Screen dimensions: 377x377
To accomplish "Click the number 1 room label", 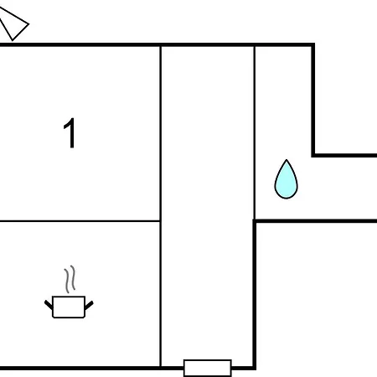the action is [70, 133].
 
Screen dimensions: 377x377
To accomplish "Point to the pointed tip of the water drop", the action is [287, 160].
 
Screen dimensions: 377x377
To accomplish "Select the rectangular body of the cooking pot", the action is [69, 307].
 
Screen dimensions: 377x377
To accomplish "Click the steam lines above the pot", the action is [70, 279].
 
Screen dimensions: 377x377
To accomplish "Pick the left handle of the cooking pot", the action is [49, 305].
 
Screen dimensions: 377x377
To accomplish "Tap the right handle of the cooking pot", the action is [89, 305].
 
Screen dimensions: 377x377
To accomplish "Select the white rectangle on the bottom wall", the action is [208, 368].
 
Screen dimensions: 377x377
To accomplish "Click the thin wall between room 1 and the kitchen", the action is [80, 221].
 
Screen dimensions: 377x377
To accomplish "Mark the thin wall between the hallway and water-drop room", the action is [255, 132].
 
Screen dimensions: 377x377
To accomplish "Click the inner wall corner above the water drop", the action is [313, 155].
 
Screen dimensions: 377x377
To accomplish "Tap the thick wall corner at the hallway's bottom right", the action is [255, 368].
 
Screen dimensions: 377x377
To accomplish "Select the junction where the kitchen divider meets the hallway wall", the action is [161, 221].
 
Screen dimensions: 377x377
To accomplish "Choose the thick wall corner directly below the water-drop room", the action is [255, 221].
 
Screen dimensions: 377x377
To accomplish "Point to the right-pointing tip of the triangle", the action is [28, 24].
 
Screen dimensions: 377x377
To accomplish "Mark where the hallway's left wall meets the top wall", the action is [161, 45].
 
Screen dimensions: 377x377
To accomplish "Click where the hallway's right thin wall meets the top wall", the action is [255, 45].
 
